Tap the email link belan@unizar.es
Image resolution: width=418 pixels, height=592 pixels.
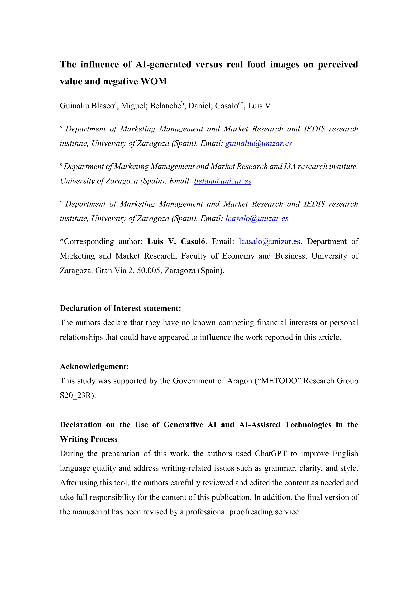point(223,181)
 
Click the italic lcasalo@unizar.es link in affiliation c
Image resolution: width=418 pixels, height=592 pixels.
point(257,219)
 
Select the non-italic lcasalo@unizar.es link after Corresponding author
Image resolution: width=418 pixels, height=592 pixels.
point(269,242)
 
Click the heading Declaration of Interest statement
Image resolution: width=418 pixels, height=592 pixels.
point(120,308)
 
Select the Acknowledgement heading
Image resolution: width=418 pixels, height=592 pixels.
point(94,366)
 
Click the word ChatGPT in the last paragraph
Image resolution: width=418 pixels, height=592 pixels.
point(270,454)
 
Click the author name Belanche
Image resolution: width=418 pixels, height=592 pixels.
point(165,106)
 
